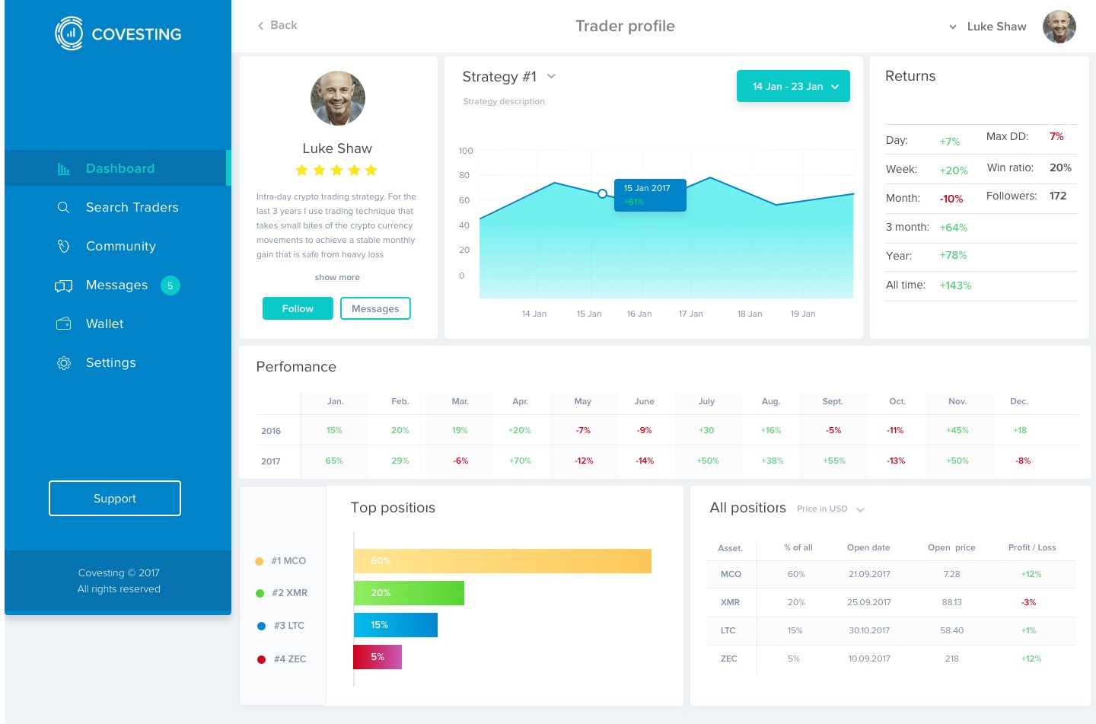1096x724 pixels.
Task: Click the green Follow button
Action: pyautogui.click(x=298, y=308)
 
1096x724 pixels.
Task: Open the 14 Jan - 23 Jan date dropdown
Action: pyautogui.click(x=793, y=86)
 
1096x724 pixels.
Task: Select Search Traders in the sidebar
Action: pyautogui.click(x=132, y=207)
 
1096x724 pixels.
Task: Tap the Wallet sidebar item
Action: pyautogui.click(x=104, y=324)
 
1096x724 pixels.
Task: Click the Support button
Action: pyautogui.click(x=115, y=498)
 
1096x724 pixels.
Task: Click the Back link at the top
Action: pyautogui.click(x=278, y=25)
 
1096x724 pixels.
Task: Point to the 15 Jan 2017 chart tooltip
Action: pyautogui.click(x=650, y=195)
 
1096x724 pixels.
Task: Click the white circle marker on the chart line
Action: pyautogui.click(x=602, y=193)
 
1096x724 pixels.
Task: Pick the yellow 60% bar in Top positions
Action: pyautogui.click(x=502, y=561)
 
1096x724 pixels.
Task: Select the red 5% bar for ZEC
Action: pyautogui.click(x=378, y=657)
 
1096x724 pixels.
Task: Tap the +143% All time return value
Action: pyautogui.click(x=955, y=285)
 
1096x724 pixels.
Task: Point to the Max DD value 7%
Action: pyautogui.click(x=1056, y=136)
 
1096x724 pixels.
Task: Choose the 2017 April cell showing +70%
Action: pyautogui.click(x=521, y=461)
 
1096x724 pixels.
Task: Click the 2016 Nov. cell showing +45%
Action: pyautogui.click(x=957, y=430)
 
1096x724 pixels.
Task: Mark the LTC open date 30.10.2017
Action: pyautogui.click(x=869, y=630)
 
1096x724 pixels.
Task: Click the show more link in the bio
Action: pyautogui.click(x=337, y=277)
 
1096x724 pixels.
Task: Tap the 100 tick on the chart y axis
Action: pyautogui.click(x=466, y=151)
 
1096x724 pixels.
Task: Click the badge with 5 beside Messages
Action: pyautogui.click(x=170, y=285)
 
